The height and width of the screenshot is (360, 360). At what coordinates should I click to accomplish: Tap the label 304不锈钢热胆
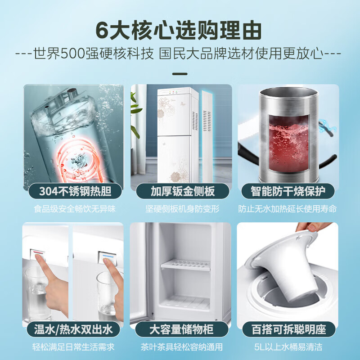(x=74, y=191)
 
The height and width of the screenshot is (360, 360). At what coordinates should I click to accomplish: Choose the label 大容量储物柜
(x=181, y=329)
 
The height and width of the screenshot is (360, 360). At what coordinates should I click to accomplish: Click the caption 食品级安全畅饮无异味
(x=74, y=209)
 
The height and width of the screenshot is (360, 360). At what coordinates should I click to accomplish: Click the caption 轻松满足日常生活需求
(x=74, y=347)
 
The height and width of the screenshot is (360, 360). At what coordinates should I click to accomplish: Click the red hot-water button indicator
(x=38, y=253)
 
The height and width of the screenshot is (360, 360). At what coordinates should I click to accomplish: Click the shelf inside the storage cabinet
(x=185, y=265)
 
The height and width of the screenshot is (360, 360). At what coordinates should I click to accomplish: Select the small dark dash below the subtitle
(x=180, y=73)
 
